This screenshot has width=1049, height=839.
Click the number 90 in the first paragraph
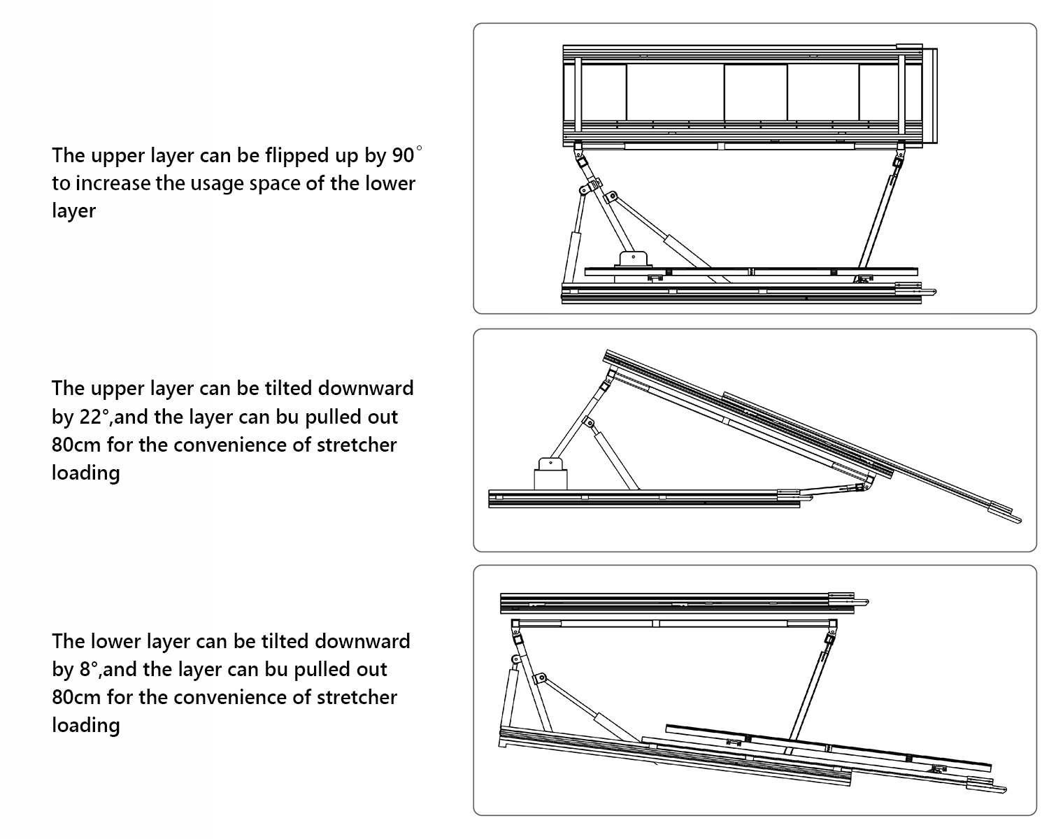404,155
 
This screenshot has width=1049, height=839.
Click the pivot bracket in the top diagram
634,258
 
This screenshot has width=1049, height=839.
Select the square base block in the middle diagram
550,479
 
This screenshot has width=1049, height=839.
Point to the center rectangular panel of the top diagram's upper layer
755,92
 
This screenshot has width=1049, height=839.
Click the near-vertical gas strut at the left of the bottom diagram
509,696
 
